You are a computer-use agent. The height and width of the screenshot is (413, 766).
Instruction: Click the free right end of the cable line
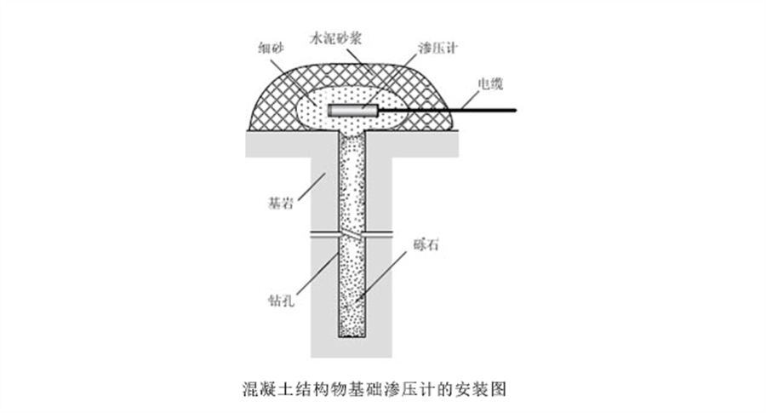(x=516, y=110)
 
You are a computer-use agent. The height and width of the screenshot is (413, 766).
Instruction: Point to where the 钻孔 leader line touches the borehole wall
(x=339, y=252)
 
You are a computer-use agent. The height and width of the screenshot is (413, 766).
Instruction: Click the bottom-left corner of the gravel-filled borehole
(x=339, y=336)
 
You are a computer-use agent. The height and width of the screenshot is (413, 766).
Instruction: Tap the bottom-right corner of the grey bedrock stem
(x=392, y=357)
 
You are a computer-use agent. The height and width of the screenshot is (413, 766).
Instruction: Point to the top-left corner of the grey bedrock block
(x=246, y=131)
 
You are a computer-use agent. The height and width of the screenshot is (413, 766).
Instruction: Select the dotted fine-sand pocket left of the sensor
(x=312, y=110)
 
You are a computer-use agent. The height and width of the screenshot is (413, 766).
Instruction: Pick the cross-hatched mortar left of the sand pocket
(x=273, y=110)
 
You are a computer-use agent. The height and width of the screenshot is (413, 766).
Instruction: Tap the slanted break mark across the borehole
(x=352, y=235)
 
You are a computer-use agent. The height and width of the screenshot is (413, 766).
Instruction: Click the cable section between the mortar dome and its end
(x=484, y=110)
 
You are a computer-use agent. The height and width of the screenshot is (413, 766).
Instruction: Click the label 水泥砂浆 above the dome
(x=336, y=38)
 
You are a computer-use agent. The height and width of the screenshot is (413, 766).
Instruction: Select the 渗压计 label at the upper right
(x=437, y=48)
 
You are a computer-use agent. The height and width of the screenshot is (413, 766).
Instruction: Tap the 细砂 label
(x=272, y=48)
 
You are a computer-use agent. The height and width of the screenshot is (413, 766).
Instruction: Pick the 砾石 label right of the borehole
(x=426, y=244)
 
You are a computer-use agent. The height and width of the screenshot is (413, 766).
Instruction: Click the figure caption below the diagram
(x=374, y=389)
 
